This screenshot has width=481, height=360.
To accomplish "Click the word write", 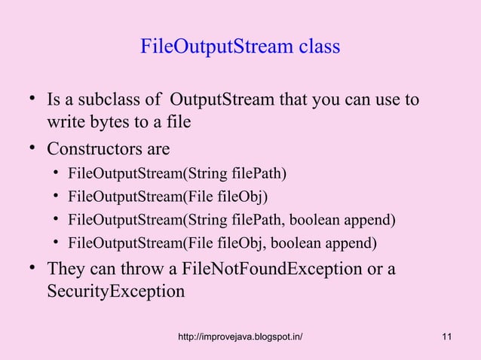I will [66, 122].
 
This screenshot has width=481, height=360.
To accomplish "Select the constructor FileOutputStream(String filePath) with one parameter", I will [177, 175].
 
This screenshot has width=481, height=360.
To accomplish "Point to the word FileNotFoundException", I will [276, 269].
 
